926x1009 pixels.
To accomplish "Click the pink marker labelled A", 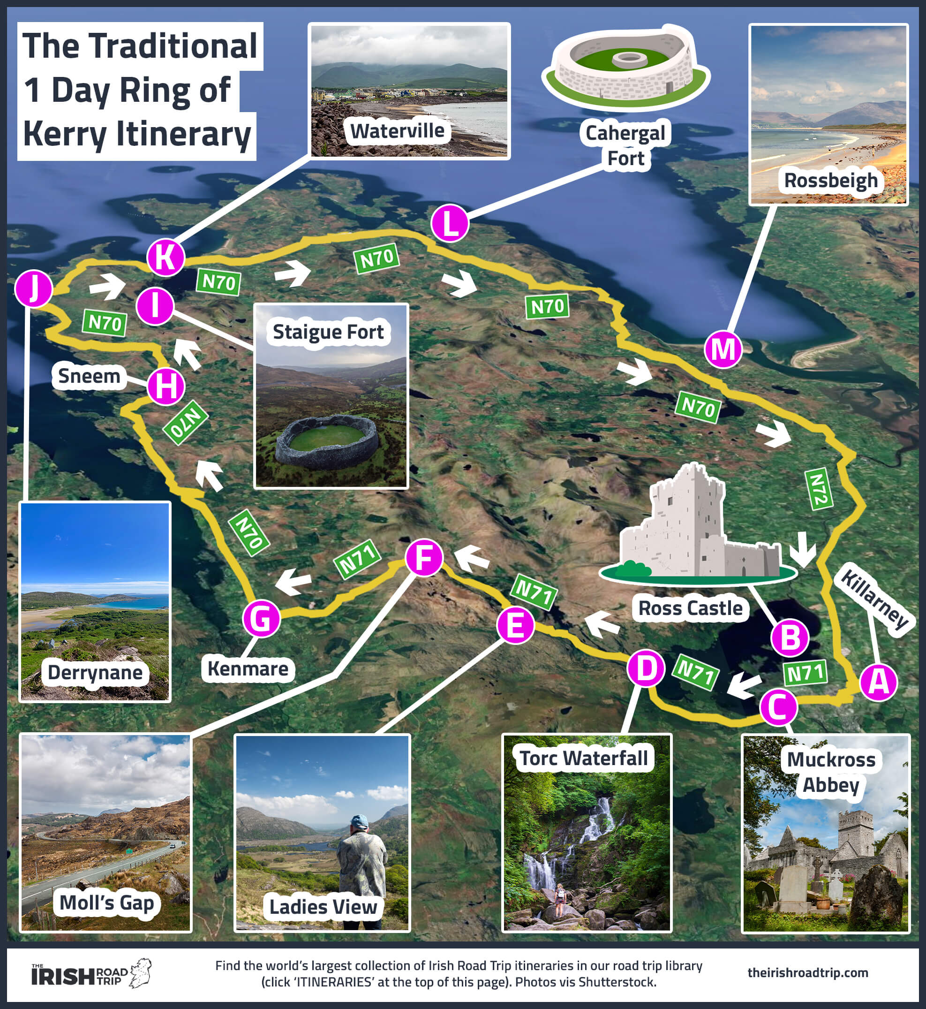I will [878, 683].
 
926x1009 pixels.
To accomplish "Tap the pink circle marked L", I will [450, 224].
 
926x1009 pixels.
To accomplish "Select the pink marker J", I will [34, 288].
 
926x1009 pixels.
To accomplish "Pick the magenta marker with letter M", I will [723, 349].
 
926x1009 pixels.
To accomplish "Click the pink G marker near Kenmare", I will [261, 619].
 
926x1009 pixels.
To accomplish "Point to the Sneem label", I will [89, 376].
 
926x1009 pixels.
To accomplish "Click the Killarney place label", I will [874, 599].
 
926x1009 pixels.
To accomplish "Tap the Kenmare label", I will [248, 668].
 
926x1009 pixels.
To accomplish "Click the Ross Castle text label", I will [691, 608].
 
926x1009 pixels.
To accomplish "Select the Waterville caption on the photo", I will [397, 131].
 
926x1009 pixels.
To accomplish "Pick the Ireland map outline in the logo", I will [141, 973].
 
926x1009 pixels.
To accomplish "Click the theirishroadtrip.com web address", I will [808, 973].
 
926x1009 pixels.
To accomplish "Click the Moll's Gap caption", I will [107, 903].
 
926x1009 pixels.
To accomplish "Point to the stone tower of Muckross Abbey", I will [855, 832].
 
